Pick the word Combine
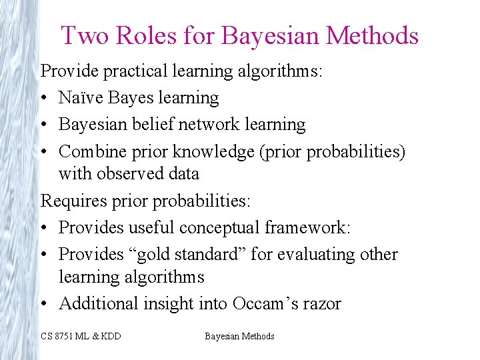[x=85, y=152]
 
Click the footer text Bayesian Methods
[x=239, y=336]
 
